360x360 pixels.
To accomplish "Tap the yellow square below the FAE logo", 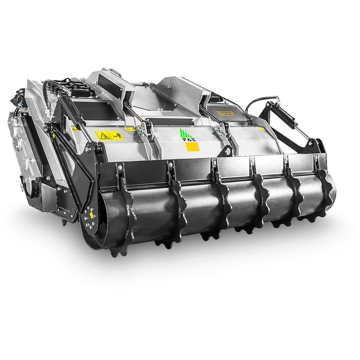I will click(x=192, y=147).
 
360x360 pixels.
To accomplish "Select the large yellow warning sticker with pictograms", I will click(x=109, y=135).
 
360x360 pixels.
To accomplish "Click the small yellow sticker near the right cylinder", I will click(x=261, y=128).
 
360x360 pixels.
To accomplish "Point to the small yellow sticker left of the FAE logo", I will click(x=130, y=129).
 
